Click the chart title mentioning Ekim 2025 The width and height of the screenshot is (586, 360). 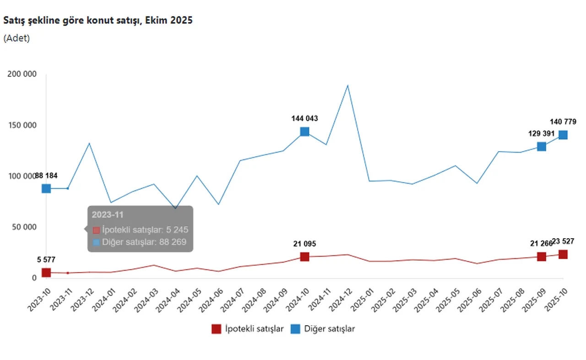click(98, 21)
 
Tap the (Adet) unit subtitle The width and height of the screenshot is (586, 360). click(16, 38)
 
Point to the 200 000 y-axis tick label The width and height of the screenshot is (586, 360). click(22, 74)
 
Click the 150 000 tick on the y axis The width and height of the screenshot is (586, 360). click(22, 125)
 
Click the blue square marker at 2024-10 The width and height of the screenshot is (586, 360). click(304, 132)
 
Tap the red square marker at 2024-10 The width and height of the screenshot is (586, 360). click(304, 257)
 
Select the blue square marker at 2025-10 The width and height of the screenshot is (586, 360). click(563, 135)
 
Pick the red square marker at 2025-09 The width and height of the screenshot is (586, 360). click(542, 257)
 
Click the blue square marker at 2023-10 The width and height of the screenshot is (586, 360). click(46, 189)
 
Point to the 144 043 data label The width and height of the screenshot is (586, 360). click(304, 119)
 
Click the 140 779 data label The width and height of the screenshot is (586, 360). click(563, 122)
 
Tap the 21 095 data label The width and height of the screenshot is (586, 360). click(304, 244)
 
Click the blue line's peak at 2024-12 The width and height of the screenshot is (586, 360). click(347, 85)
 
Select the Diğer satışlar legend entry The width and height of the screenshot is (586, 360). click(323, 329)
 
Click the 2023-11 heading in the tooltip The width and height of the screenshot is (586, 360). click(108, 214)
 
